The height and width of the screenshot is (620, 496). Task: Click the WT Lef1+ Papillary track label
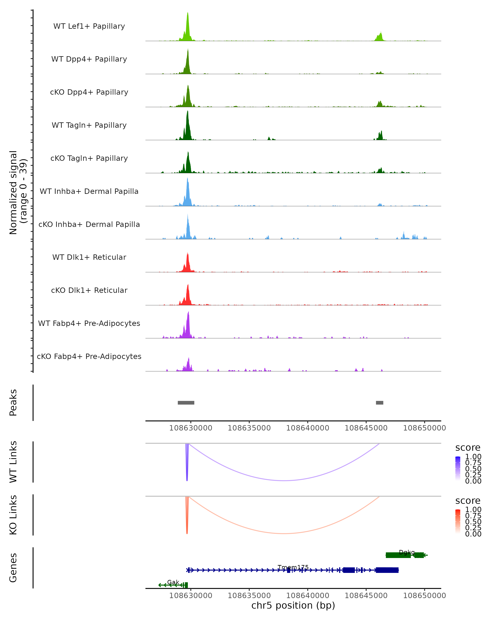pos(89,26)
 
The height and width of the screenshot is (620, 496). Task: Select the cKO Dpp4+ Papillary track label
pos(89,92)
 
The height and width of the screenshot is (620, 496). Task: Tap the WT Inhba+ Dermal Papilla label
pos(89,191)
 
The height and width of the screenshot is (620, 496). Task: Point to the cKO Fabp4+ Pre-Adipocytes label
pos(89,356)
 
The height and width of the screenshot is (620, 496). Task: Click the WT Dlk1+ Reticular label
pos(89,257)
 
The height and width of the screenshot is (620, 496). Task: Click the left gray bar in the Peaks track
pos(186,403)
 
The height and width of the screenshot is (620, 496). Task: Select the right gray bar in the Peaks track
pos(380,403)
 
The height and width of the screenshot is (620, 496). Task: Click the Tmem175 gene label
pos(293,567)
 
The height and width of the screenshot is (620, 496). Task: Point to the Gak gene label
pos(173,582)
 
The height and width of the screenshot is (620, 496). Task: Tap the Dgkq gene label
pos(407,552)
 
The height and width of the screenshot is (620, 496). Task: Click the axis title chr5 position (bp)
pos(293,605)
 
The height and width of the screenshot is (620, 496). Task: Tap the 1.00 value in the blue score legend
pos(473,457)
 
